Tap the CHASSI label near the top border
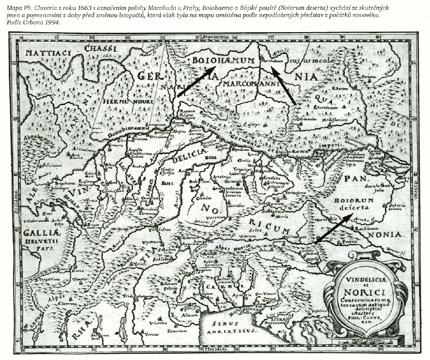(x=100, y=48)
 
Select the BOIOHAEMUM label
(x=223, y=61)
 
